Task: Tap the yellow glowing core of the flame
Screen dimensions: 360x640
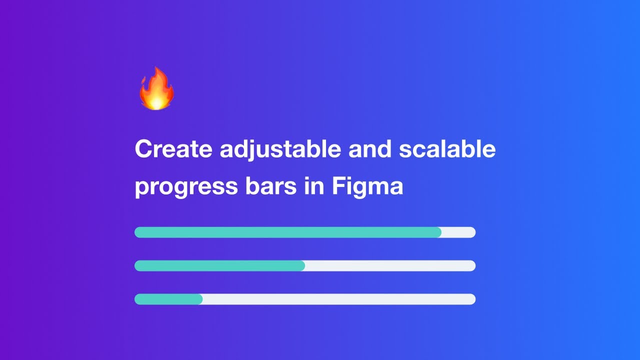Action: tap(156, 101)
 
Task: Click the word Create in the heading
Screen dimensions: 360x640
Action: tap(173, 149)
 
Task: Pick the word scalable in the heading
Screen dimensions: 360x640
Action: tap(447, 149)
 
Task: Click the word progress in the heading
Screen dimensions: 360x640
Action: tap(185, 187)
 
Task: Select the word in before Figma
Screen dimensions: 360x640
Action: tap(313, 187)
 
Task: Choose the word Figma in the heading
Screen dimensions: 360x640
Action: tap(367, 187)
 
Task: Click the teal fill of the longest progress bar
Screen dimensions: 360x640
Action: tap(287, 232)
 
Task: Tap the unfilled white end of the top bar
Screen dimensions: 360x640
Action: tap(459, 232)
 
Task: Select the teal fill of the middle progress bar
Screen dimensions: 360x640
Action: tap(219, 266)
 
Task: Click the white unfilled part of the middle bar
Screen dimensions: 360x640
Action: tap(390, 266)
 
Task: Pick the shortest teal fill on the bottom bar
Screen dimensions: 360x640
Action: tap(168, 299)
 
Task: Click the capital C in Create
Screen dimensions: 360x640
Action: tap(143, 149)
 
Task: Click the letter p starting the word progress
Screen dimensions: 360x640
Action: tap(142, 189)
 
